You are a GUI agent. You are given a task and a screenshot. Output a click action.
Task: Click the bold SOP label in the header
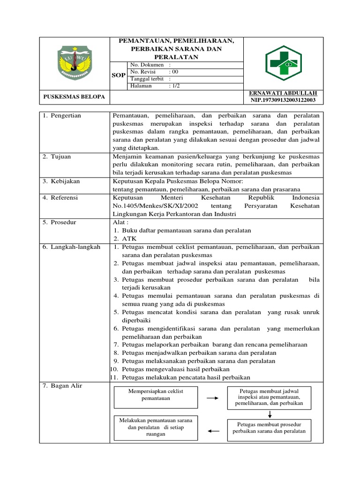(x=119, y=75)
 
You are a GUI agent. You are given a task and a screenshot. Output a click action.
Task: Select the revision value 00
(x=173, y=72)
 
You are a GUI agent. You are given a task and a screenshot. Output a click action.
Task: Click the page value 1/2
(x=173, y=86)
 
